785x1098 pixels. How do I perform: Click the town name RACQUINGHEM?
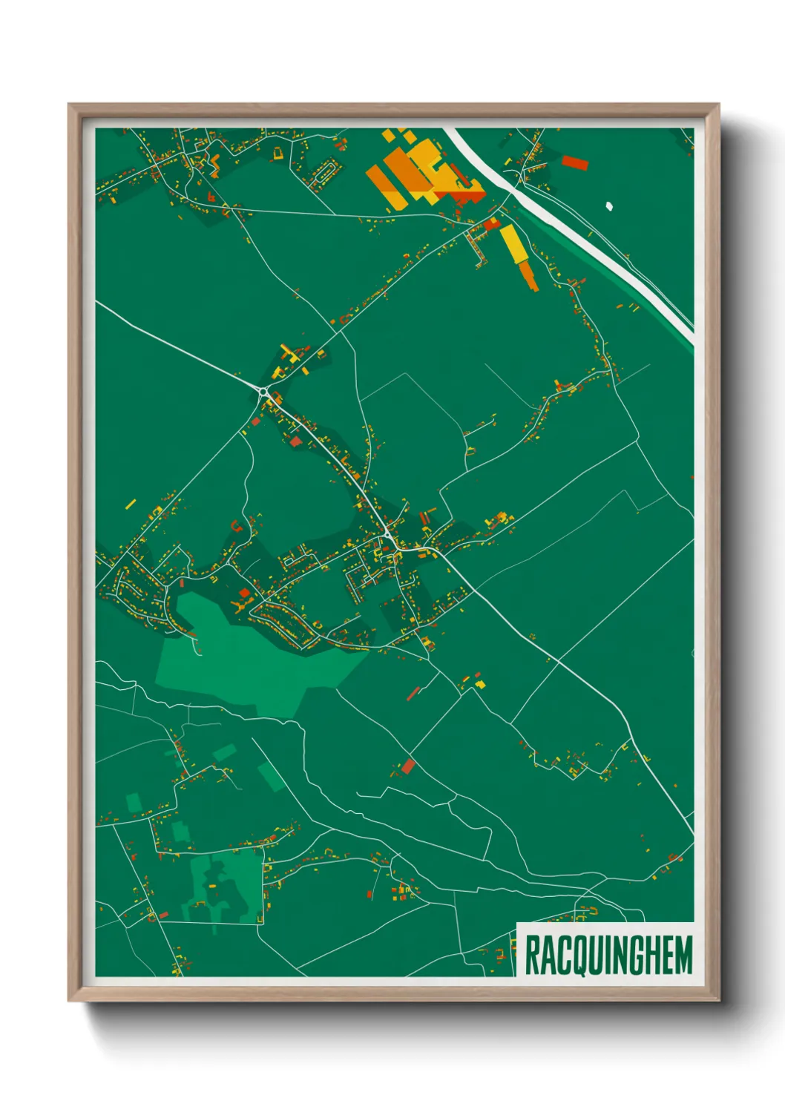pos(608,956)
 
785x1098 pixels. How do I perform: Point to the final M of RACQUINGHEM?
pos(682,956)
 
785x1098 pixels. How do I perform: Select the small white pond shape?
pos(609,206)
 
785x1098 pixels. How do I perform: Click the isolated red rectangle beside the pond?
pos(574,162)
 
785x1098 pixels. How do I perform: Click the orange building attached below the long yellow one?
pos(528,275)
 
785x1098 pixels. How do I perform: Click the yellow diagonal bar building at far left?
pos(131,504)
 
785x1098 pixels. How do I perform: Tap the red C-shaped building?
pos(237,527)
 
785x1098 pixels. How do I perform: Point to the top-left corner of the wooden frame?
pos(69,105)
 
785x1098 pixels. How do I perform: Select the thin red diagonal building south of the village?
pos(413,694)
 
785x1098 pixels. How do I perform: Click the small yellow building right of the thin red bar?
pos(479,683)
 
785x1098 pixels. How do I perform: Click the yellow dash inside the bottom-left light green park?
pos(211,886)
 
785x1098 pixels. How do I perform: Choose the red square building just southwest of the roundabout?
pos(257,421)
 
